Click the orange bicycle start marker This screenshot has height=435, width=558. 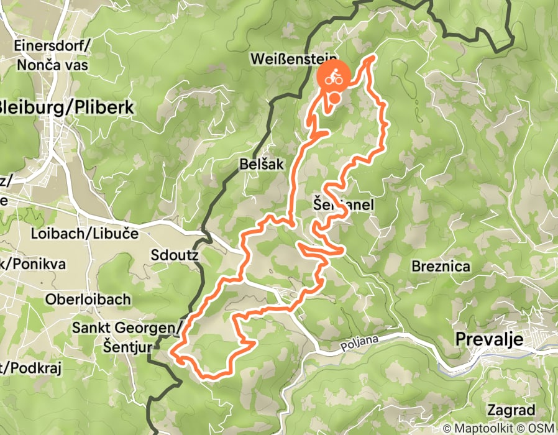point(334,78)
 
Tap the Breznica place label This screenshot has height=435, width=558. point(441,266)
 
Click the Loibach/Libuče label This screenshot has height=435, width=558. point(85,234)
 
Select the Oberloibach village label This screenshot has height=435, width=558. point(88,299)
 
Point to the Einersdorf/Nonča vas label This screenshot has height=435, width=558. point(52,54)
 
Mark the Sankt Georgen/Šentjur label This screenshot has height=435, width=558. point(127,336)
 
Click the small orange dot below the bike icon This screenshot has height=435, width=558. point(334,98)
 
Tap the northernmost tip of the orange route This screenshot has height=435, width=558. point(373,57)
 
